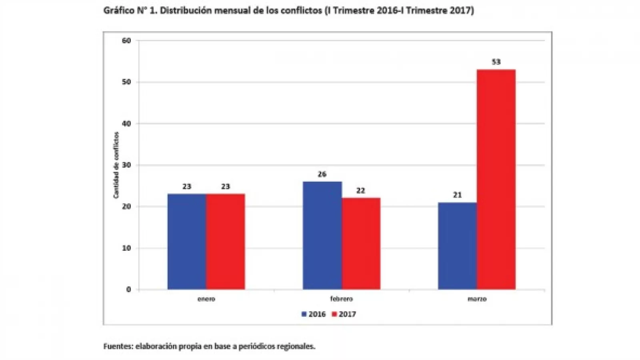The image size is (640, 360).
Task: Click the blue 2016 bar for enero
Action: pos(187,242)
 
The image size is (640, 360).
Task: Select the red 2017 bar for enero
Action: pos(226,242)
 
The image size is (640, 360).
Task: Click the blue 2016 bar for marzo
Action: pos(457,246)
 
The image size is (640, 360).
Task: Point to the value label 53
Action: pos(496,62)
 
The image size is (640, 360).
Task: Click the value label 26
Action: pos(322,174)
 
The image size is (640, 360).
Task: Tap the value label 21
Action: pos(457,195)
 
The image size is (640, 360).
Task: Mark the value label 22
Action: pos(361,191)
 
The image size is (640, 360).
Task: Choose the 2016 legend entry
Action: pos(314,314)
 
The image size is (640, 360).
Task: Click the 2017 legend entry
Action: pos(344,314)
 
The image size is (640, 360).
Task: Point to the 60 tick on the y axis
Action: pos(127,40)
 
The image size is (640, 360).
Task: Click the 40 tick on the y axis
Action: pos(127,124)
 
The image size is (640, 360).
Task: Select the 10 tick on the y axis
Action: pos(127,248)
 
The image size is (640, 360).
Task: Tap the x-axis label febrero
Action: pos(341,299)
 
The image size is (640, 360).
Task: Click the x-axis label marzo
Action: pos(477,299)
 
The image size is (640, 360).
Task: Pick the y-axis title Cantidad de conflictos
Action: pos(116,165)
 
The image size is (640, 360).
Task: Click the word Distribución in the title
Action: pos(185,11)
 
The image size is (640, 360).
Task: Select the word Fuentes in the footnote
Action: pos(118,346)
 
